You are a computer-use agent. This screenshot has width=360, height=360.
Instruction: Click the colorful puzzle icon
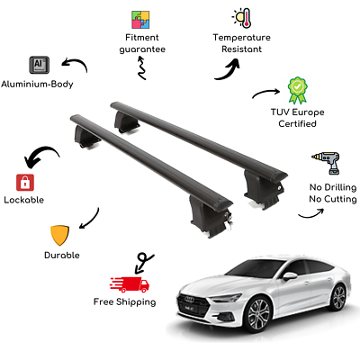click(140, 20)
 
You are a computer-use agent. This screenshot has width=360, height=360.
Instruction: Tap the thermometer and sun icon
click(242, 18)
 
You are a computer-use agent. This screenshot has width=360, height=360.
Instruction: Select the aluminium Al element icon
click(40, 65)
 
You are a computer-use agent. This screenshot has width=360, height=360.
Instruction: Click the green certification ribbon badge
click(297, 90)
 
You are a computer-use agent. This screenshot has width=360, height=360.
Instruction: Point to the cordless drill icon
click(326, 162)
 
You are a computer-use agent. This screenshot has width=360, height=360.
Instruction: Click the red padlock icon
click(25, 182)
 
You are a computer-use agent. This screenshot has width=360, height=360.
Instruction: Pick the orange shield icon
click(59, 236)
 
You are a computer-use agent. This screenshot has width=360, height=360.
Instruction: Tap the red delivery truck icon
click(130, 284)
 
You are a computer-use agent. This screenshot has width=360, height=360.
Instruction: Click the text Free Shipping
click(125, 302)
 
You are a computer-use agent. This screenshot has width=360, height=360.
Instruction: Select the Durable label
click(62, 256)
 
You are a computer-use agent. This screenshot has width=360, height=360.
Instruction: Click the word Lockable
click(24, 200)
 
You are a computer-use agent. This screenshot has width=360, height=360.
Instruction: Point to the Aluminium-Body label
click(37, 84)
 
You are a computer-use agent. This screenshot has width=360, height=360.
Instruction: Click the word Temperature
click(242, 38)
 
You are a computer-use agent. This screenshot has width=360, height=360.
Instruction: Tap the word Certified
click(297, 123)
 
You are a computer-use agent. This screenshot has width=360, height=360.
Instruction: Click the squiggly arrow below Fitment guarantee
click(141, 68)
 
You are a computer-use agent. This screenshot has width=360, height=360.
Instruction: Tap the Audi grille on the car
click(192, 304)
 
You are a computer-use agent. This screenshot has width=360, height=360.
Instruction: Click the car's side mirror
click(290, 276)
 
